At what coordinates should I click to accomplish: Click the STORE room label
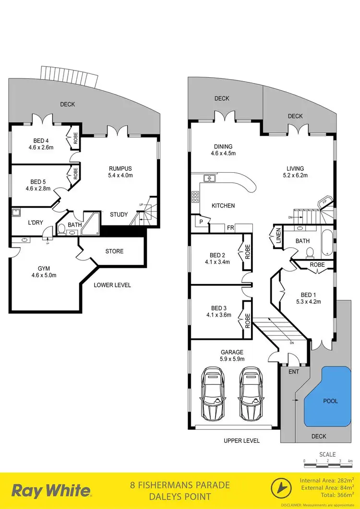(x=114, y=251)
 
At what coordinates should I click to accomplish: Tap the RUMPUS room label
(x=120, y=168)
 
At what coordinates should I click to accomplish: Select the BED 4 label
(x=41, y=141)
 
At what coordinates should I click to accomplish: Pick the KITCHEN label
(x=224, y=205)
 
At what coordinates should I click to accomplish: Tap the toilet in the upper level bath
(x=310, y=251)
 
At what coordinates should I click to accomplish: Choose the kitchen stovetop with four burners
(x=195, y=196)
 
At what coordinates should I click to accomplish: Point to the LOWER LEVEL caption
(x=112, y=285)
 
